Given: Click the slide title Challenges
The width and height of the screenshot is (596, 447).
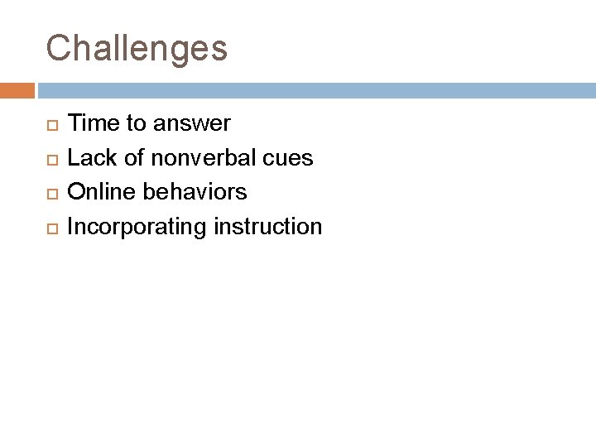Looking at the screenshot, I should (137, 49).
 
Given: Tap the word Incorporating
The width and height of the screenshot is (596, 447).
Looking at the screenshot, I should (137, 227).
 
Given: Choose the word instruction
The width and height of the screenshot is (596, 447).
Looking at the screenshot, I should (267, 226).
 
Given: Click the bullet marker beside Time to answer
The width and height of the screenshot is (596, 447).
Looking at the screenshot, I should (50, 125).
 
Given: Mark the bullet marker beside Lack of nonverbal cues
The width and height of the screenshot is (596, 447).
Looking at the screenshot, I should (50, 159).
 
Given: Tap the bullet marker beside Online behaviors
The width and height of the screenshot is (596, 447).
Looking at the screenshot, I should (50, 193).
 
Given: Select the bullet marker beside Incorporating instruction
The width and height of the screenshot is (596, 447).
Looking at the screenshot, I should (50, 227).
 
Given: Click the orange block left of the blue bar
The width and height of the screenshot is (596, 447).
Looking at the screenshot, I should (17, 89).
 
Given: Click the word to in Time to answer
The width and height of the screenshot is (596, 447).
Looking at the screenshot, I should (134, 124).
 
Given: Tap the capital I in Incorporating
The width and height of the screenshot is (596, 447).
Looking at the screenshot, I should (70, 226).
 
